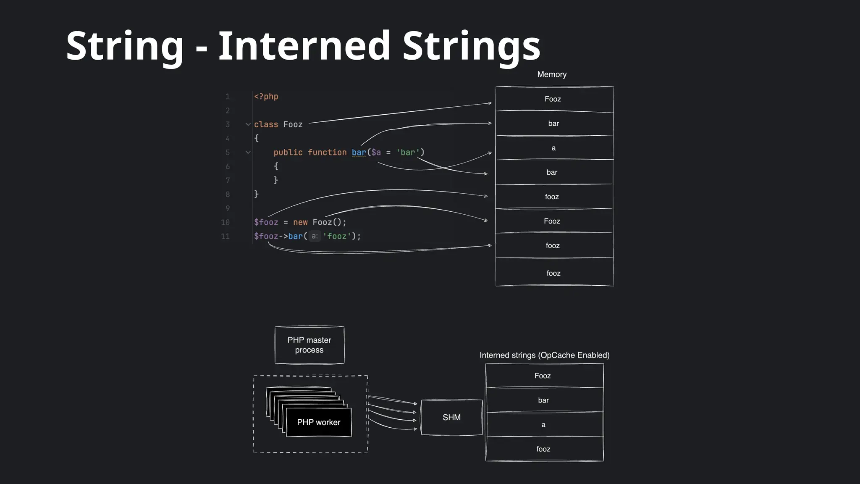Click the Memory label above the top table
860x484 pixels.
click(x=552, y=74)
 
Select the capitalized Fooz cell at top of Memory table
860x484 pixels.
click(x=553, y=99)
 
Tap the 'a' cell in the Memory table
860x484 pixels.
click(x=553, y=148)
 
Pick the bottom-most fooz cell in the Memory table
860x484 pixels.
click(x=553, y=273)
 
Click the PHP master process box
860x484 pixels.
click(x=309, y=345)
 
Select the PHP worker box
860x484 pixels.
click(x=319, y=422)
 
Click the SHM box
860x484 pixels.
click(x=451, y=417)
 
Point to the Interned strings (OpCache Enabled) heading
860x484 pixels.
click(x=544, y=355)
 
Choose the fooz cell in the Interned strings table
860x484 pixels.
click(x=543, y=449)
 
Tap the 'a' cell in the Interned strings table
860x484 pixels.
click(x=543, y=425)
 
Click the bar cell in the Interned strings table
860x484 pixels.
click(x=543, y=400)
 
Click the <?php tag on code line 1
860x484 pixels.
click(x=266, y=97)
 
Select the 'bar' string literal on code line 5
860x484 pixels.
click(x=408, y=153)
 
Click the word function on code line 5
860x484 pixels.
click(x=327, y=153)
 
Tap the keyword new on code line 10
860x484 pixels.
click(x=300, y=222)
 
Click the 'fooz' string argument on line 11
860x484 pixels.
click(x=337, y=237)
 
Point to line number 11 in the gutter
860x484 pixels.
click(x=225, y=237)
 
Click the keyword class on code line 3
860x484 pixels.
click(x=266, y=125)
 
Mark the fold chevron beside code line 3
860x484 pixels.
click(x=248, y=124)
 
